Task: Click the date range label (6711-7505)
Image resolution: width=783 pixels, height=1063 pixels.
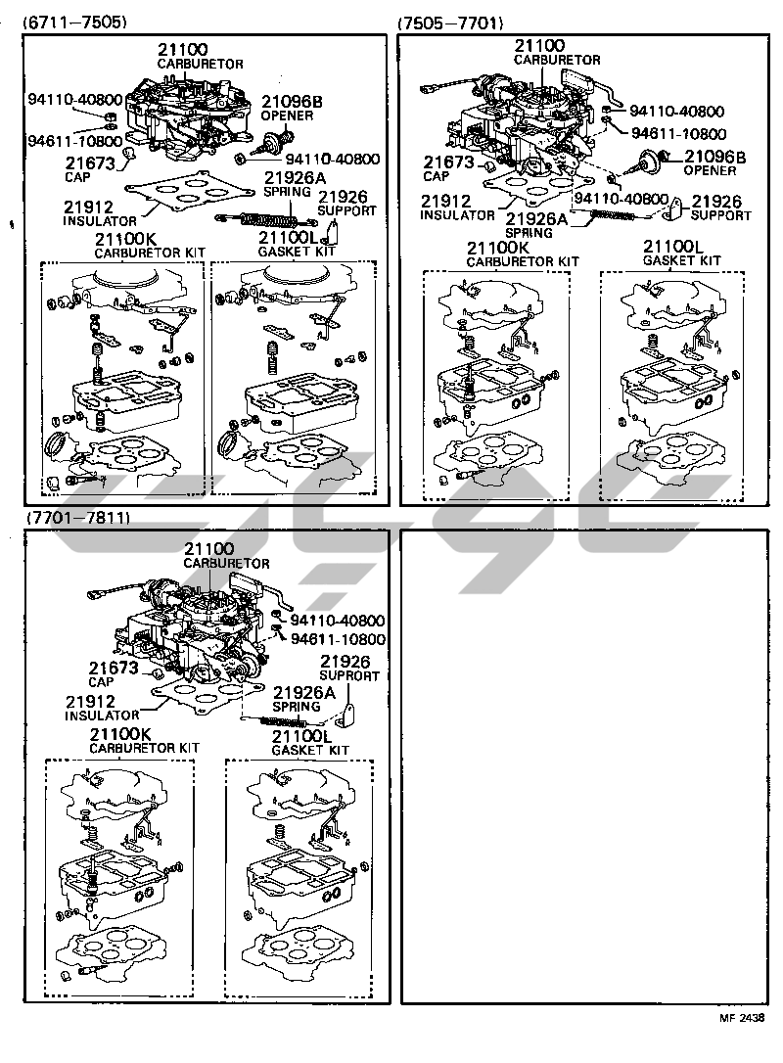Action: (74, 23)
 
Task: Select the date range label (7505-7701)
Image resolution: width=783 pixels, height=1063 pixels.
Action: (451, 23)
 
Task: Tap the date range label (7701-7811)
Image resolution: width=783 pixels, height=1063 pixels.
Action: (78, 518)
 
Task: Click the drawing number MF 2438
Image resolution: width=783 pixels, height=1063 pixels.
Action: (742, 1037)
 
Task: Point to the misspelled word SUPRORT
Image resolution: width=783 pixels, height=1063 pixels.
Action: (349, 676)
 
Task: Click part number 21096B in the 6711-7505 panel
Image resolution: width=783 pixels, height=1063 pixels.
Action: (293, 102)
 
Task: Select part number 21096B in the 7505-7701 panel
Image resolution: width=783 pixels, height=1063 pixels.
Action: (715, 158)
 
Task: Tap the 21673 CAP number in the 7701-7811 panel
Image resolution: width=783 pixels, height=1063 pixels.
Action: (114, 668)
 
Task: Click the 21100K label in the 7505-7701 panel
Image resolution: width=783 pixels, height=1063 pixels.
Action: (498, 248)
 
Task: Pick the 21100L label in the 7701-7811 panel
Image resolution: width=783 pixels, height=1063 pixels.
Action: (302, 737)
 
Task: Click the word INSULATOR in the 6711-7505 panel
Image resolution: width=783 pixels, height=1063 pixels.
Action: (100, 221)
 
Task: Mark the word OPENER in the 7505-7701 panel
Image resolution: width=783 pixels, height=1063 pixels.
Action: (710, 171)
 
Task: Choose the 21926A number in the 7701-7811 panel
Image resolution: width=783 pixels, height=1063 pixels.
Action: (304, 692)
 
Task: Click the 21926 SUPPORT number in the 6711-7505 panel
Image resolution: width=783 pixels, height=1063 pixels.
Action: (343, 197)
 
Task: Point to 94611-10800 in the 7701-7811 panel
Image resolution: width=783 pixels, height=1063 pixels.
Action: (339, 639)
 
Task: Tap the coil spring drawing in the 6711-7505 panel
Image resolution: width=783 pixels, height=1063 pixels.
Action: (266, 218)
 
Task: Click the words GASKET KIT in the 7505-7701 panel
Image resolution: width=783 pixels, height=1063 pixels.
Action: (682, 260)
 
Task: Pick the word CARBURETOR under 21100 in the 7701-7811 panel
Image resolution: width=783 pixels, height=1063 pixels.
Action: (226, 564)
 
